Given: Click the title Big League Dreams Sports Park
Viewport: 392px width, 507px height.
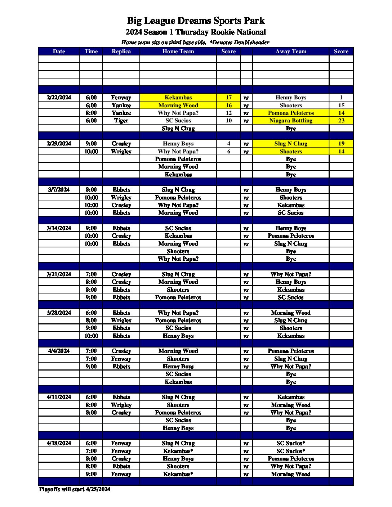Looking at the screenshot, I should (x=196, y=21).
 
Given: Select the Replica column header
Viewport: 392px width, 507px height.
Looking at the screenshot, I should (x=121, y=51).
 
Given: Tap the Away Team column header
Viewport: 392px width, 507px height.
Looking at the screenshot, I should (x=291, y=51).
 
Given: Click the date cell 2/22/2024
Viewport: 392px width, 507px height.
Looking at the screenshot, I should (x=59, y=98).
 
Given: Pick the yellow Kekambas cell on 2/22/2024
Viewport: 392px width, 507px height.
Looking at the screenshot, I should (x=178, y=98).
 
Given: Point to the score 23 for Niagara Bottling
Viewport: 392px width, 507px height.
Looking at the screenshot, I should (x=341, y=121).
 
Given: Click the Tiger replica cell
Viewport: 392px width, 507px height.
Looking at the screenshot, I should (x=121, y=121).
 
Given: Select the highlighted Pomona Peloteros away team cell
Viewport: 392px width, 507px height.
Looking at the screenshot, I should (x=291, y=113).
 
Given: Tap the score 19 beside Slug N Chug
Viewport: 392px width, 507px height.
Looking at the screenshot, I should (x=341, y=144).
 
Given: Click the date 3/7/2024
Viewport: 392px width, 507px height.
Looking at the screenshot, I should (x=59, y=190).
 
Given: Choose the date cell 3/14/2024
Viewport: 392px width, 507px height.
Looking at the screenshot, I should (x=59, y=228).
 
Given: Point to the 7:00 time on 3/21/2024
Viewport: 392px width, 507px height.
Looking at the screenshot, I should (x=91, y=274).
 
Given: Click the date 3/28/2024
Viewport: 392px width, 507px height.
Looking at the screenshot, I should (x=59, y=313).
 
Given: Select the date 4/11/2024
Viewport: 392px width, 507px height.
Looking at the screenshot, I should (x=59, y=397).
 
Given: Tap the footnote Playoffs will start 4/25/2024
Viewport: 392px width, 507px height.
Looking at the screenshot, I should (x=75, y=489).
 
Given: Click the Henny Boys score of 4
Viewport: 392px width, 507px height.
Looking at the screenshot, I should (x=228, y=144).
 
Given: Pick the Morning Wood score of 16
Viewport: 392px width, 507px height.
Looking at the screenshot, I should (x=228, y=106).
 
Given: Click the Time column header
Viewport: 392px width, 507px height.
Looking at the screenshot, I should (x=91, y=51).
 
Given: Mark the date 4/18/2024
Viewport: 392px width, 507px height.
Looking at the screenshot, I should (x=59, y=443).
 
